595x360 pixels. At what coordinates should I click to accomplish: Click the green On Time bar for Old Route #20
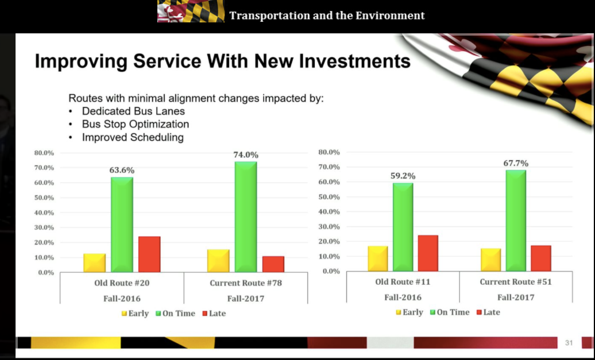pyautogui.click(x=122, y=224)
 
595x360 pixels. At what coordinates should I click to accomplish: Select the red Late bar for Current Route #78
pyautogui.click(x=273, y=264)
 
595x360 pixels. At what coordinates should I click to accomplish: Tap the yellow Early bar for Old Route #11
pyautogui.click(x=378, y=258)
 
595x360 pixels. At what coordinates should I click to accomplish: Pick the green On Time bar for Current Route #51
pyautogui.click(x=516, y=220)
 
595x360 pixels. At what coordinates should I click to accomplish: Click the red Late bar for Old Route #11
pyautogui.click(x=428, y=253)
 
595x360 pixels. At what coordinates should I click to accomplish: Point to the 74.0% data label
pyautogui.click(x=246, y=155)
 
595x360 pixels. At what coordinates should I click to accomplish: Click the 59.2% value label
pyautogui.click(x=403, y=176)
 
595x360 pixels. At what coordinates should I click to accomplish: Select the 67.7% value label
pyautogui.click(x=516, y=164)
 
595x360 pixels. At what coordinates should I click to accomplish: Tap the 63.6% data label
pyautogui.click(x=122, y=171)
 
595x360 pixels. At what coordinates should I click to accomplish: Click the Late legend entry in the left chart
pyautogui.click(x=214, y=313)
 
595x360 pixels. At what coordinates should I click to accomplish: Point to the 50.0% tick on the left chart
pyautogui.click(x=44, y=198)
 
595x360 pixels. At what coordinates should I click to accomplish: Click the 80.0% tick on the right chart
pyautogui.click(x=329, y=153)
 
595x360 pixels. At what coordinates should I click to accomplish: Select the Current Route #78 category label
pyautogui.click(x=246, y=283)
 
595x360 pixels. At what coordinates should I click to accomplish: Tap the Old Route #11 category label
pyautogui.click(x=403, y=282)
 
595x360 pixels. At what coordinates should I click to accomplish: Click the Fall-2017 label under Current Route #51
pyautogui.click(x=516, y=297)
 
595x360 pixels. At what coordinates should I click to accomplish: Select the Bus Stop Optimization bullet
pyautogui.click(x=135, y=124)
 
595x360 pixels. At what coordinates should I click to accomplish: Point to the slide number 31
pyautogui.click(x=569, y=343)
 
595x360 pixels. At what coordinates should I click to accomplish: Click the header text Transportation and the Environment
pyautogui.click(x=327, y=16)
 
